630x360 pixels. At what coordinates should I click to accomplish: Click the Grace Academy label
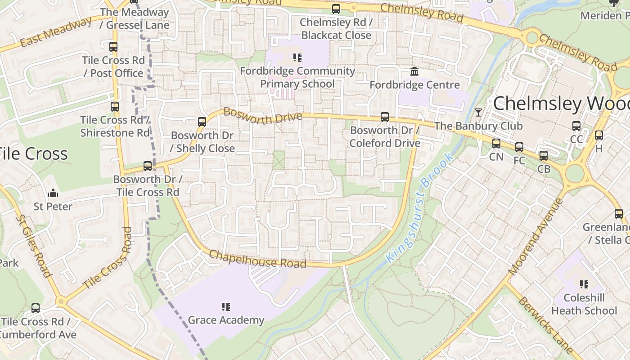pos(226,320)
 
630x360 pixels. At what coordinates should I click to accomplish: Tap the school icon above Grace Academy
pos(226,307)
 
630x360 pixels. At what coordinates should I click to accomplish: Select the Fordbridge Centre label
pos(414,85)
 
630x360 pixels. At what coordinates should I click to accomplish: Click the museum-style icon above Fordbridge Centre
pos(414,72)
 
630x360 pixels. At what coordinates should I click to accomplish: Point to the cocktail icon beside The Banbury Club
pos(478,112)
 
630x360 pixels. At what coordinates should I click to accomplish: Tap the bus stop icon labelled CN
pos(496,144)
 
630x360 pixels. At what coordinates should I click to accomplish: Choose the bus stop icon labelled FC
pos(519,147)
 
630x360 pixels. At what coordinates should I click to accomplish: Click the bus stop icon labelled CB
pos(544,156)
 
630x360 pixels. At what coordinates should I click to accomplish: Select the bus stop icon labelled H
pos(598,135)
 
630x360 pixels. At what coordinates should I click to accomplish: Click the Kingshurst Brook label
pos(415,208)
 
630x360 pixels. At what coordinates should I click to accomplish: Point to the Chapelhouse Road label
pos(257,259)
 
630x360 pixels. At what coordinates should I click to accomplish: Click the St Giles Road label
pos(33,246)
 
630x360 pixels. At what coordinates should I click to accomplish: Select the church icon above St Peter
pos(53,193)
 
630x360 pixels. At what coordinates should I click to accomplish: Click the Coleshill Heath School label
pos(584,304)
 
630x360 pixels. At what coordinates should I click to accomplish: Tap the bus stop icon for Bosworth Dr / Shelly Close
pos(202,122)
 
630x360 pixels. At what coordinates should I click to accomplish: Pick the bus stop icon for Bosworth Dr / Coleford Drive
pos(385,117)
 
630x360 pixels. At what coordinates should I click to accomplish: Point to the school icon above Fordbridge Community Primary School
pos(297,58)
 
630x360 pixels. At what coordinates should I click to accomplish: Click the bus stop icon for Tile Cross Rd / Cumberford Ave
pos(36,308)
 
